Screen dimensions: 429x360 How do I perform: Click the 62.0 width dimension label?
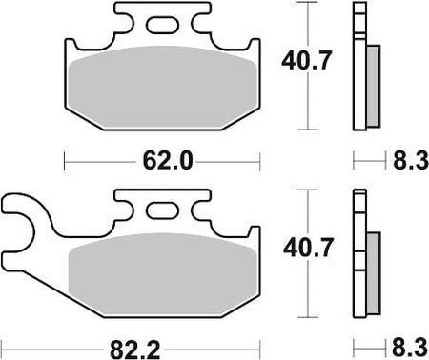(x=168, y=161)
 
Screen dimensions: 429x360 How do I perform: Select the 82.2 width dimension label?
(x=135, y=350)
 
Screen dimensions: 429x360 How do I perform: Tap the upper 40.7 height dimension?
(x=307, y=60)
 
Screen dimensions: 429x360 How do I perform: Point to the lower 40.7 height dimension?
(x=308, y=248)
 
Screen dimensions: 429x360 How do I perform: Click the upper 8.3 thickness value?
(x=411, y=161)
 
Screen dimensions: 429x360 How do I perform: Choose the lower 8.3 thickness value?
(x=410, y=348)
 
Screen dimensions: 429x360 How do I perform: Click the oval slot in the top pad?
(x=162, y=25)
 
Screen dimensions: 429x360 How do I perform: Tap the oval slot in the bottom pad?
(x=162, y=210)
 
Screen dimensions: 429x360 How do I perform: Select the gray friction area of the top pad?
(x=162, y=88)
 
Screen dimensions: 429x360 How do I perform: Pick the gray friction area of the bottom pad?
(x=162, y=274)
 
